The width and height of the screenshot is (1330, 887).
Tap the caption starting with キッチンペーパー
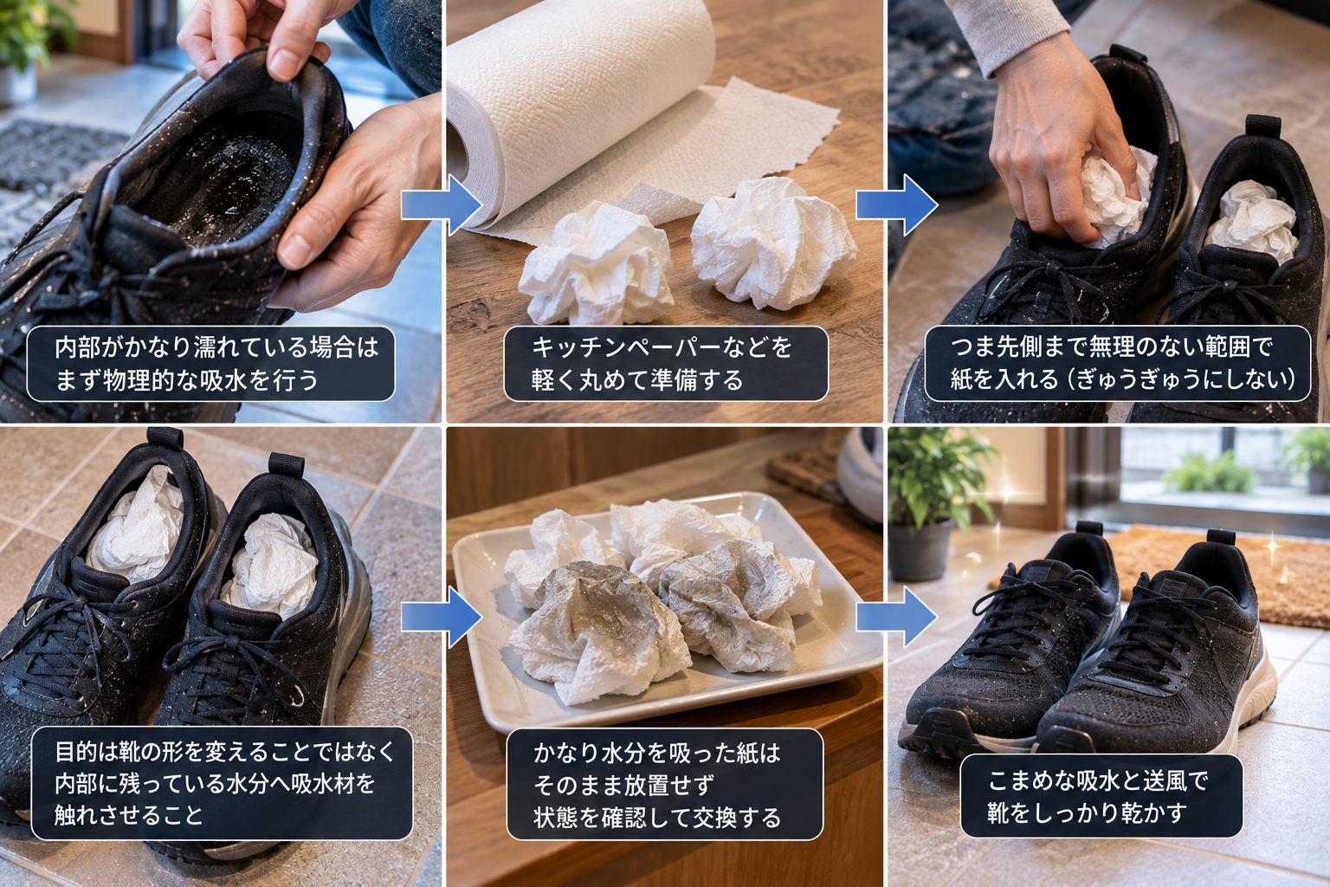pos(666,364)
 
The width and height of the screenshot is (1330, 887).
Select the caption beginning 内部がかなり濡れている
pos(210,364)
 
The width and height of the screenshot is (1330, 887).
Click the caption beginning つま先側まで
pos(1118,364)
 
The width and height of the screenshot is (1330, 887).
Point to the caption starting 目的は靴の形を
pos(222,783)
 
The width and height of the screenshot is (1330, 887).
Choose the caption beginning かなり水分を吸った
pos(664,785)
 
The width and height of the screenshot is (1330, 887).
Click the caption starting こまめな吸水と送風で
pos(1101,796)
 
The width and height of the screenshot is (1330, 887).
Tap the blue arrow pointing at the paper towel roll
pos(441,205)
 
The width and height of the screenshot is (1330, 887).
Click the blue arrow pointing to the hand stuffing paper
pos(896,205)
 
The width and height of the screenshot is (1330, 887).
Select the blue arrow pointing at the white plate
pos(441,618)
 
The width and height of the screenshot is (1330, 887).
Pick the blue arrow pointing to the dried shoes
pos(896,618)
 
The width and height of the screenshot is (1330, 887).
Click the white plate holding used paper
pos(665,612)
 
